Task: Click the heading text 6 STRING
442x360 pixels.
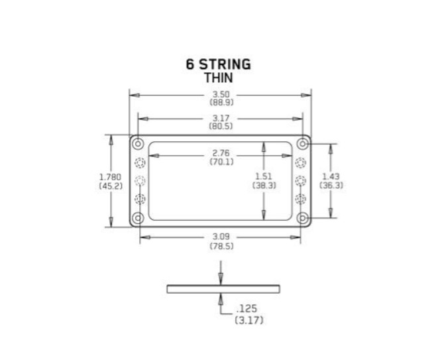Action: pos(218,64)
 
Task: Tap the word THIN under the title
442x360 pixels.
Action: pos(219,78)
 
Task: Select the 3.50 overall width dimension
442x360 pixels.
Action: pos(221,94)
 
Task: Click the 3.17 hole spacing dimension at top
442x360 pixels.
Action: pos(221,118)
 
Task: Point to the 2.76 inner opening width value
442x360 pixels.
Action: pos(221,153)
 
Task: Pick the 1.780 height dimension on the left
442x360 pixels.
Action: pos(111,177)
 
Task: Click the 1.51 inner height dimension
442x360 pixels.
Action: pos(264,176)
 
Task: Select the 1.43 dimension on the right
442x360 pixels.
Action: pos(331,176)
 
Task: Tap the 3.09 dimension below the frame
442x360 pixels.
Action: pos(221,237)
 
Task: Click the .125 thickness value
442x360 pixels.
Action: pos(247,309)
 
